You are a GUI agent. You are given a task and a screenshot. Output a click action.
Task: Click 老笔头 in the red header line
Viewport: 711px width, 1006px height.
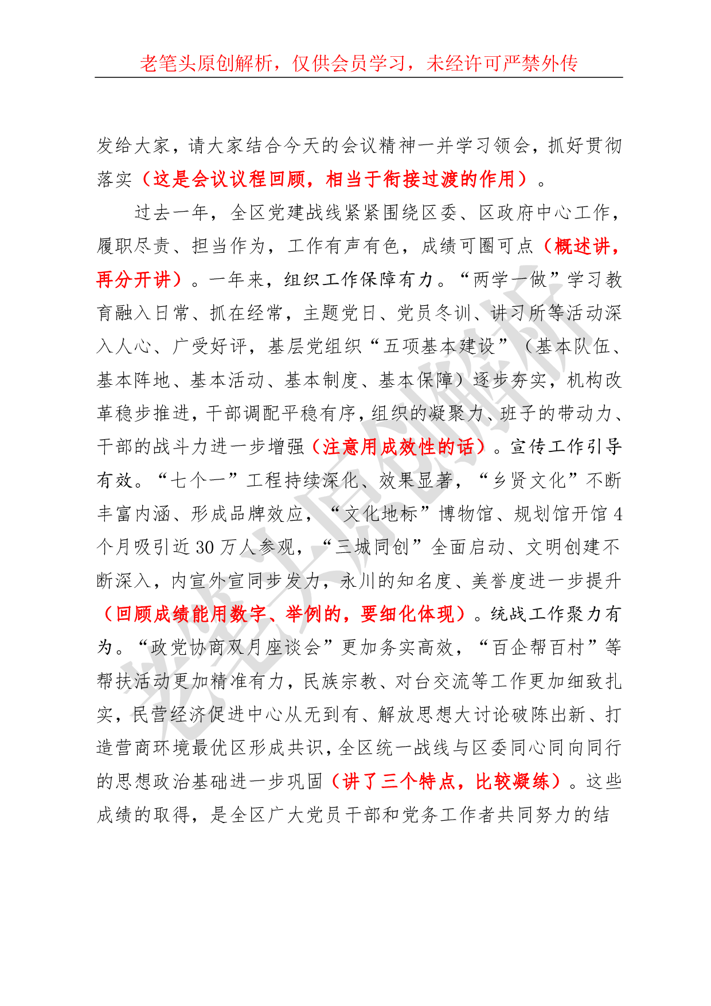pos(168,64)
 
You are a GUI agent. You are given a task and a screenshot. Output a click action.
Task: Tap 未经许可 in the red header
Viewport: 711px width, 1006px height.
pos(464,64)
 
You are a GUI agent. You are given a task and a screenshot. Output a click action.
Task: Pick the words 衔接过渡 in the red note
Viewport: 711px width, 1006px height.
pos(421,180)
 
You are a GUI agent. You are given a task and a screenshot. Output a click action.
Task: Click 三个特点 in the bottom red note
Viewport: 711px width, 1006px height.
pos(409,781)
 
